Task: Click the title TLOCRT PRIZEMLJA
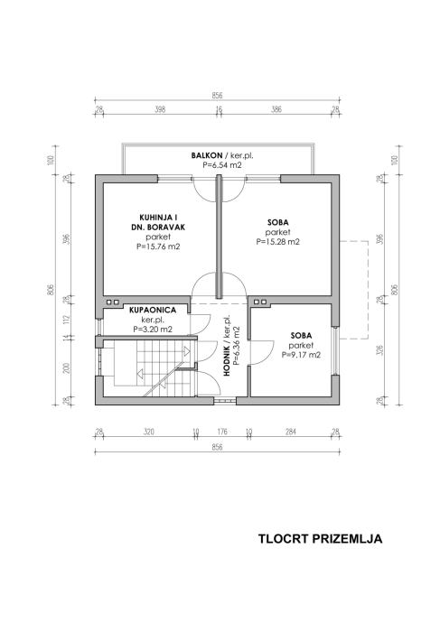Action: pos(321,539)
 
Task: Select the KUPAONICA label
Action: pos(153,310)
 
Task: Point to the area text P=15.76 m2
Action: pos(158,246)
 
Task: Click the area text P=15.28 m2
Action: pos(278,242)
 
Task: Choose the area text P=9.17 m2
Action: pos(301,355)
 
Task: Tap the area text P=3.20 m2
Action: pos(153,329)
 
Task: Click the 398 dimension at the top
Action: pos(160,109)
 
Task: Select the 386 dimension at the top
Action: pos(276,109)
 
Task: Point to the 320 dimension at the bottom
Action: pos(149,432)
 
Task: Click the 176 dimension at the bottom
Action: pos(221,432)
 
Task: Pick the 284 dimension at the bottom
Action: pos(291,432)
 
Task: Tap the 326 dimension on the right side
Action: pos(380,350)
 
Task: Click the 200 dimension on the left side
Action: pos(66,367)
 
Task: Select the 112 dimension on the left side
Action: pos(66,321)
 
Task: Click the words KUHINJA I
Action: pos(158,218)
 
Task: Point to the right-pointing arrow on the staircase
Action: pos(186,351)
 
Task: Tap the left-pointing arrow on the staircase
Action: pos(140,373)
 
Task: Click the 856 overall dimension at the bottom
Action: pos(217,447)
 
